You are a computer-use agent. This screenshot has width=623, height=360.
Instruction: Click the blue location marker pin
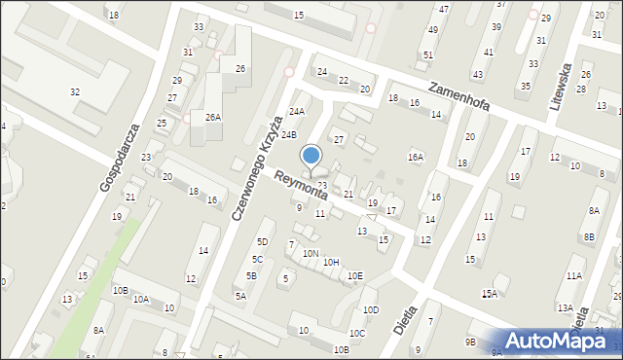(311, 156)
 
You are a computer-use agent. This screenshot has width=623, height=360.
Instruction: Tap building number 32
(75, 91)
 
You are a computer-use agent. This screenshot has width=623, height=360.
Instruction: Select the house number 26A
(212, 117)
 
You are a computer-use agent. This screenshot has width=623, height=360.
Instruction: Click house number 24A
(296, 112)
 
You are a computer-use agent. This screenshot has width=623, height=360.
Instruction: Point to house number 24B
(289, 134)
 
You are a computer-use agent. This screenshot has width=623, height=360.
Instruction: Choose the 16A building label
(417, 157)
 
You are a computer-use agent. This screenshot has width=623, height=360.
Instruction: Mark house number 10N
(311, 254)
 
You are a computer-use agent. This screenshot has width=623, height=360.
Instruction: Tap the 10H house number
(331, 263)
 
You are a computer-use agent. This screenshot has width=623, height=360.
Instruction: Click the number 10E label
(355, 276)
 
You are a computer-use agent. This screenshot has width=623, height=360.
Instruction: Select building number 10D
(371, 310)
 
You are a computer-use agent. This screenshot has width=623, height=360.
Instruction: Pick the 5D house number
(262, 241)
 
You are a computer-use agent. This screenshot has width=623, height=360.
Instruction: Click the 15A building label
(490, 293)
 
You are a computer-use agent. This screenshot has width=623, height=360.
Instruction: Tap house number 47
(444, 9)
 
